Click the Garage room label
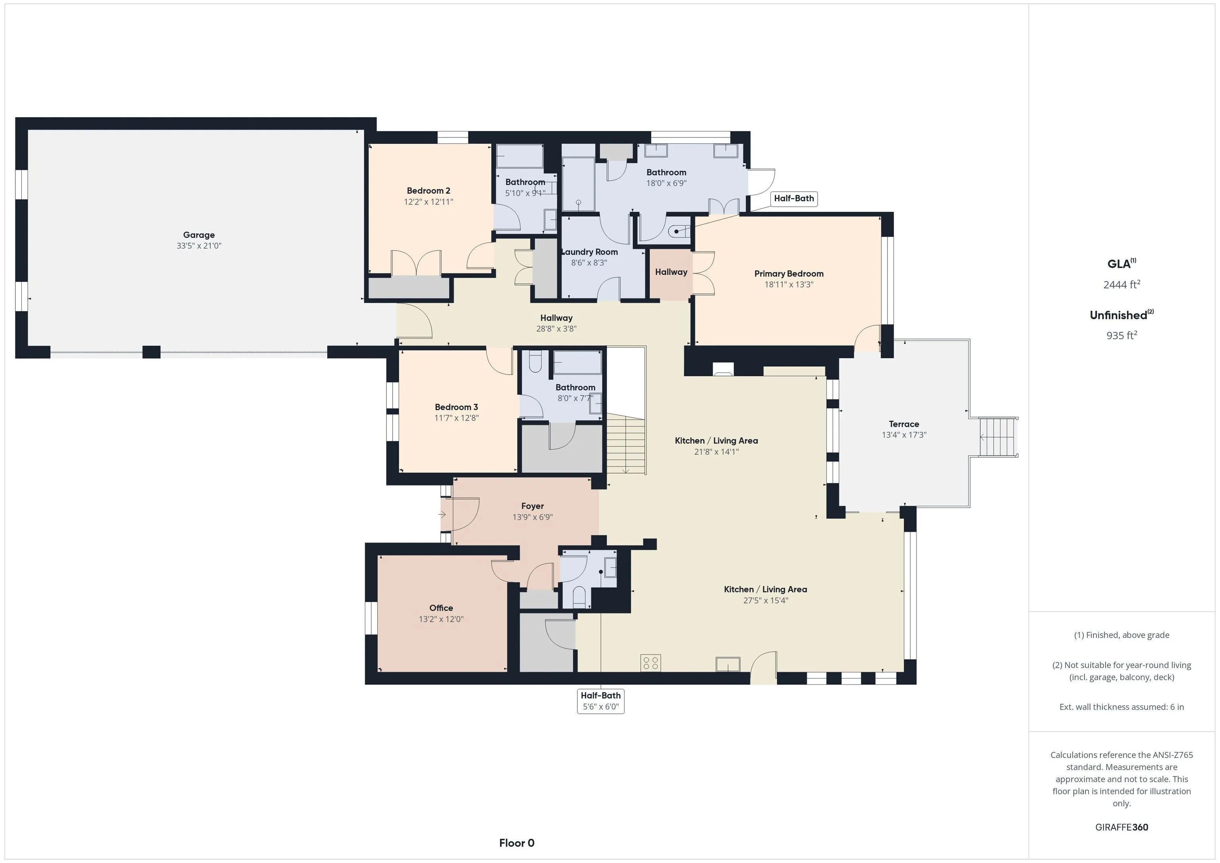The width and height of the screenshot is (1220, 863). pos(199,235)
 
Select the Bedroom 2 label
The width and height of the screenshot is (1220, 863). pos(428,191)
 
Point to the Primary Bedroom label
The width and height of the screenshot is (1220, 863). pos(789,274)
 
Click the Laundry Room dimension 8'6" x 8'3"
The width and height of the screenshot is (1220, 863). pos(589,263)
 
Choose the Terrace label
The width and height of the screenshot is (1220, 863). pos(904,424)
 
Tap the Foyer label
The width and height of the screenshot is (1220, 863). pos(533,506)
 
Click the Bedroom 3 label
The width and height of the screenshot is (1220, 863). pos(456,407)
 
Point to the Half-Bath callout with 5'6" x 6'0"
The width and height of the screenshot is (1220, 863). pos(600,701)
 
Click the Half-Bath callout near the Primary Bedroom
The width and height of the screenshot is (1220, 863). pos(794,198)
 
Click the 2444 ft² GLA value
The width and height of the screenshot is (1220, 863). pos(1121,284)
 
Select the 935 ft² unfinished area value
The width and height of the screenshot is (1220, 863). pos(1121,335)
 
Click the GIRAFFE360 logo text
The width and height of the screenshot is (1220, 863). pos(1121,827)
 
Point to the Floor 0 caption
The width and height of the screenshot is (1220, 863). pos(517,843)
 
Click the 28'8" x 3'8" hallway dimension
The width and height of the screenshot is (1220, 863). pos(556,329)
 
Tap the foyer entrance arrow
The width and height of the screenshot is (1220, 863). pos(442,514)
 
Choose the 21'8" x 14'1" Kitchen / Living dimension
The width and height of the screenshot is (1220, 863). pos(716,452)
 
